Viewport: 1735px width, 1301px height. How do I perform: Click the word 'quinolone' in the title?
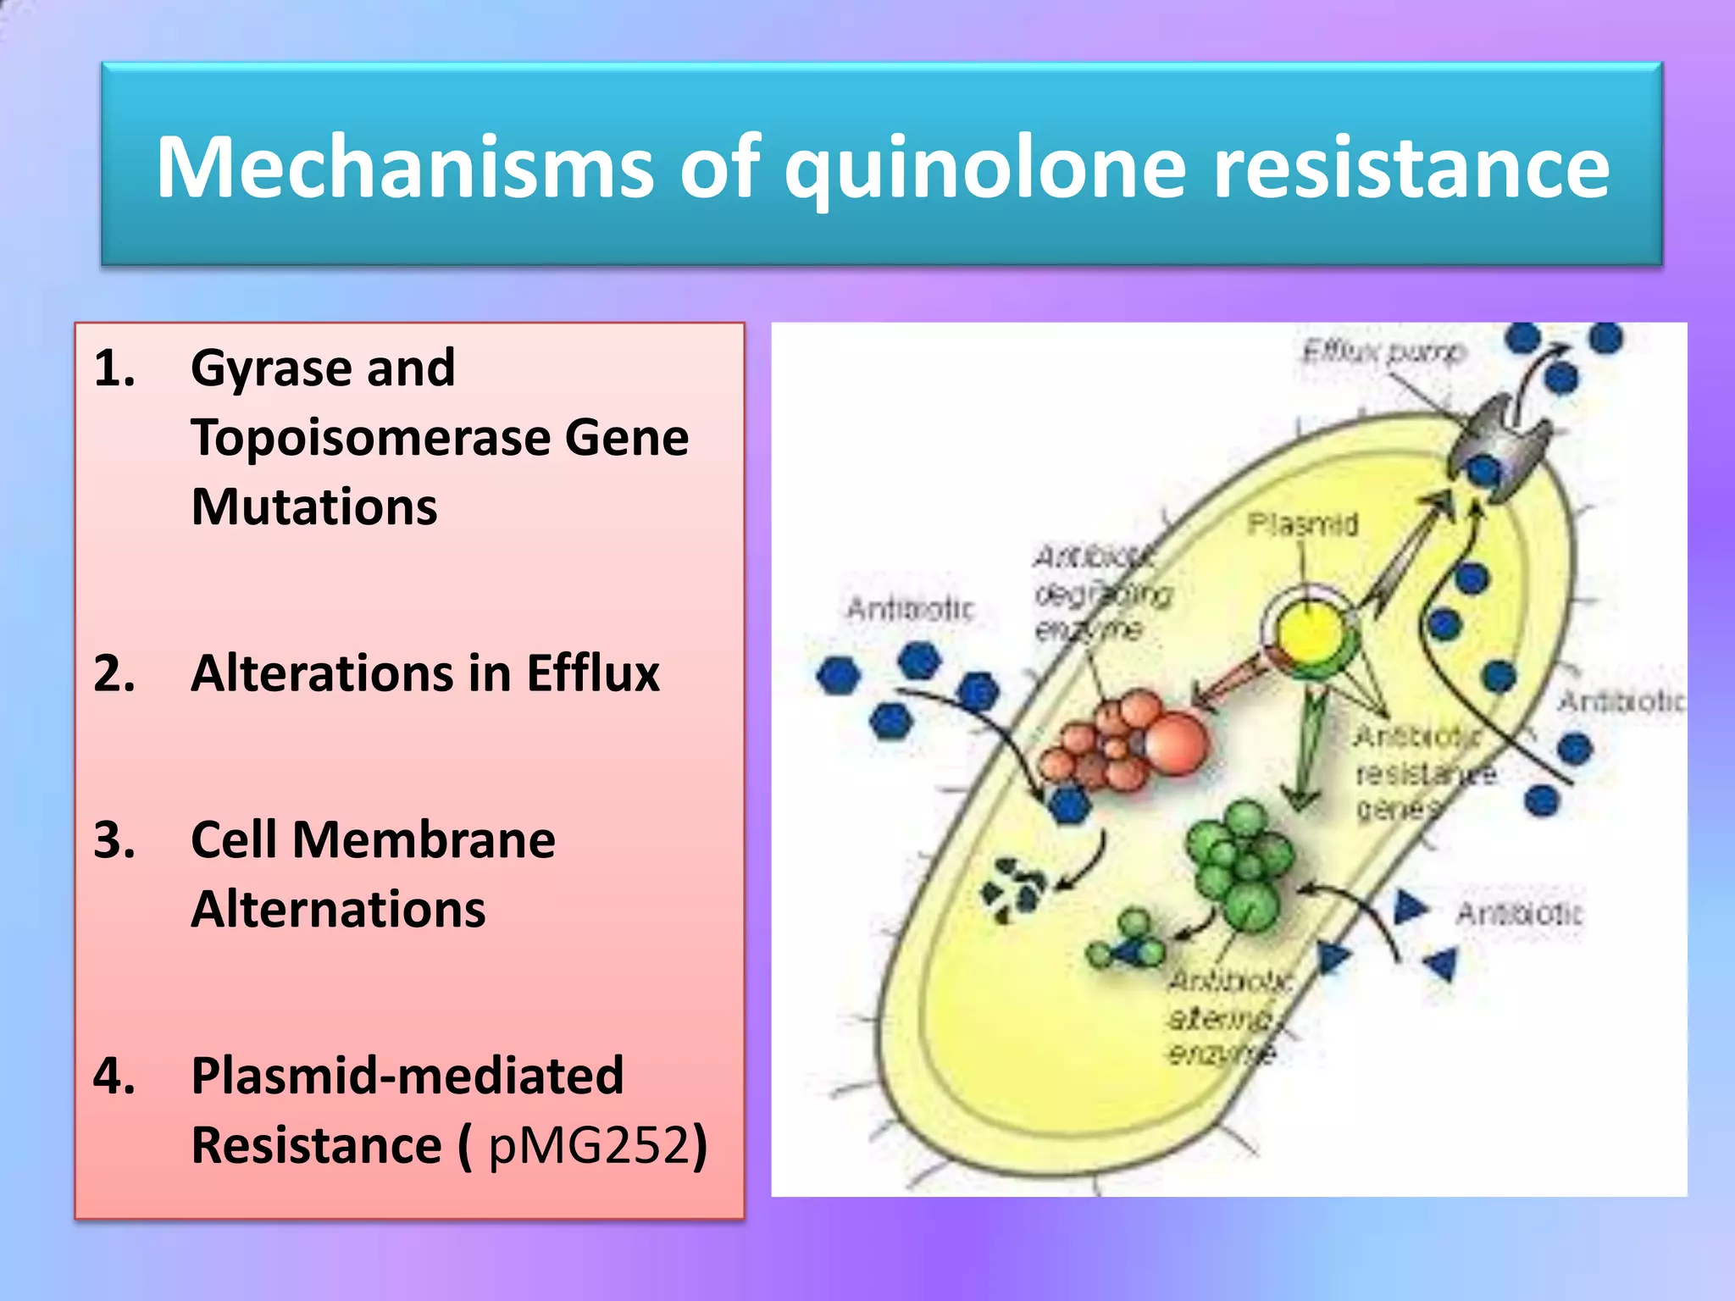988,168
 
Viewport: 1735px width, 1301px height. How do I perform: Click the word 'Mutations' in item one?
314,507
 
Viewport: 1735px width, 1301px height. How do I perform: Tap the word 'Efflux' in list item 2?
592,673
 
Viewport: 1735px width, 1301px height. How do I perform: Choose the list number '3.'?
114,840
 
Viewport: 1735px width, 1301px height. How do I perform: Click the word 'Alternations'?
338,910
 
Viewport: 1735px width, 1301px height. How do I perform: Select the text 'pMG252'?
589,1145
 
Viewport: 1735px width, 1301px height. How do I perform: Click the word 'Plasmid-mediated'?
407,1076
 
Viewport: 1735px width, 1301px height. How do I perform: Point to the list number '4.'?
114,1076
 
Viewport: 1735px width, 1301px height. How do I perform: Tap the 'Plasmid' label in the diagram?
1302,524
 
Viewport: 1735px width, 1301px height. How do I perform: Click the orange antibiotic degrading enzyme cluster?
1127,742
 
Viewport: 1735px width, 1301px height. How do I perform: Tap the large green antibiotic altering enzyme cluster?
1242,864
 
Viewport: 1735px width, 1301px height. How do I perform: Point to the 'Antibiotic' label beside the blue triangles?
1518,913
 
